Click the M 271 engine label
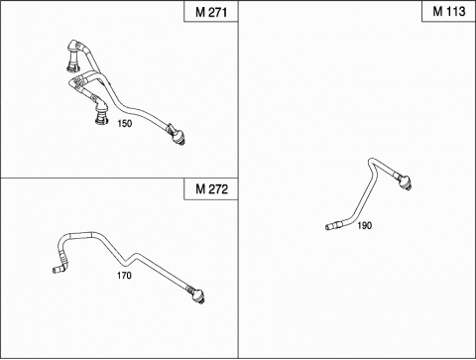tap(211, 12)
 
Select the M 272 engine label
tap(211, 189)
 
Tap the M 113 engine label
tap(449, 12)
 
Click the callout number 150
tap(125, 124)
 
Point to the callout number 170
tap(124, 275)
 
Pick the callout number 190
tap(365, 226)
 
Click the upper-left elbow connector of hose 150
tap(74, 56)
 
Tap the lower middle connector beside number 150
tap(101, 111)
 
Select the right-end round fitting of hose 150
tap(177, 135)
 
